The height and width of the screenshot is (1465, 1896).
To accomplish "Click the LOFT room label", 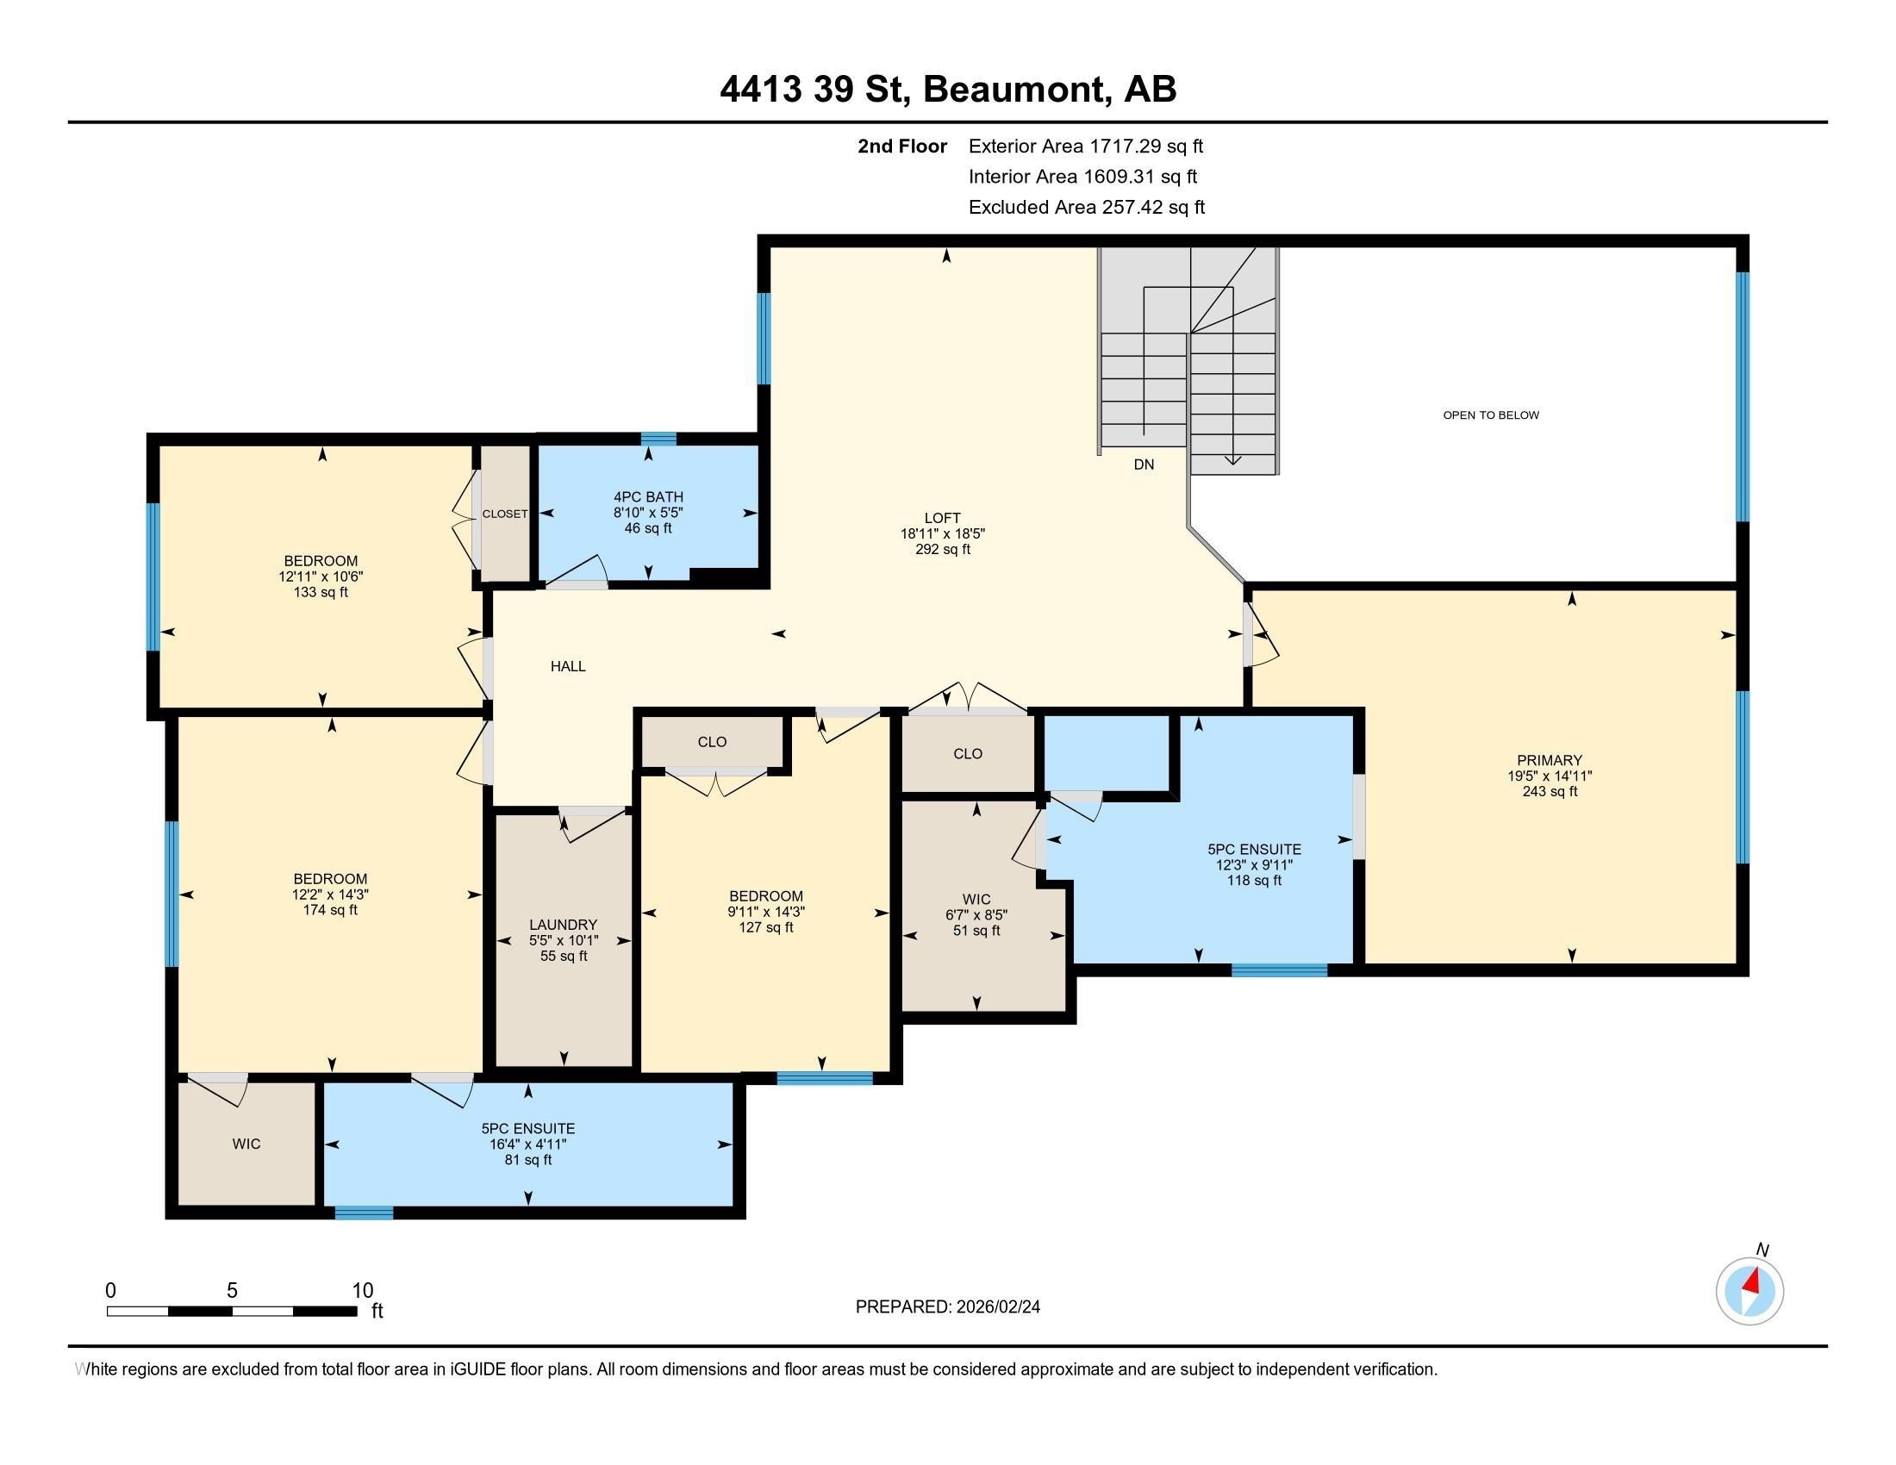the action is [942, 518].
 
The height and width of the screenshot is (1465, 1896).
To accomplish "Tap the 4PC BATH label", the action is [648, 497].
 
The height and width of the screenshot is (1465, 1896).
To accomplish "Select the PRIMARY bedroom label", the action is [1550, 760].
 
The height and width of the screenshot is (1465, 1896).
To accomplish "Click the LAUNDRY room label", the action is [564, 926].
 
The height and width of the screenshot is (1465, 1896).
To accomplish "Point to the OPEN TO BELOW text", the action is [1491, 415].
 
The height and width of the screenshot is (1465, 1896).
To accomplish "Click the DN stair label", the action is [1144, 464].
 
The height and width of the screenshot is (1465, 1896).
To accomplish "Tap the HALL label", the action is [568, 666].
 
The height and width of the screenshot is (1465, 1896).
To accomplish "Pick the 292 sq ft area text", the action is [942, 550].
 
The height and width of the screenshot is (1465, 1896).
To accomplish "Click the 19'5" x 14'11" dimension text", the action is [1550, 776].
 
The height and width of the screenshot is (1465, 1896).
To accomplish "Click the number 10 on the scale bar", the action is [363, 1291].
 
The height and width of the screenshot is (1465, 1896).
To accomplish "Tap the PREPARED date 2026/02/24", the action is [996, 1307].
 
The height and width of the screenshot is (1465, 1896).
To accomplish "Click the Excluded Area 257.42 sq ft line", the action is [1087, 208].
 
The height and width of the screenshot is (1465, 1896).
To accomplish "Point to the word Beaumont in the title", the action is [1017, 90].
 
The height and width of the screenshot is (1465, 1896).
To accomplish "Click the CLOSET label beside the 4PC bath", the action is [505, 514].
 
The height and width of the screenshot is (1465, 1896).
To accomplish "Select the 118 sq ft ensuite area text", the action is [1254, 880].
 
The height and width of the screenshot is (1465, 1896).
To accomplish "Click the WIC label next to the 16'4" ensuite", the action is [246, 1144].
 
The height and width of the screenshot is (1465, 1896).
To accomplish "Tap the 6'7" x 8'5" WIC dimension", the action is [976, 914].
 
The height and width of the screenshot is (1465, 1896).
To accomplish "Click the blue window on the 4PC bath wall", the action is [658, 439].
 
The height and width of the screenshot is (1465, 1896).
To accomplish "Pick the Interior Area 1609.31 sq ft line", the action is [1082, 177].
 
